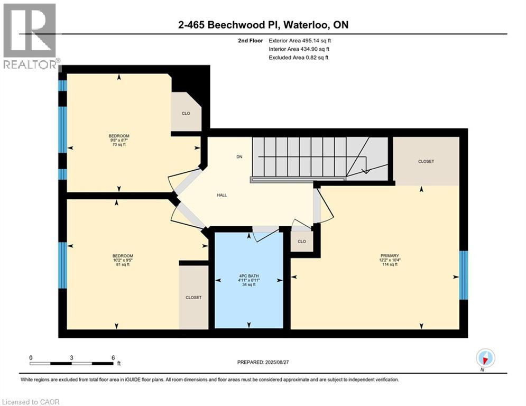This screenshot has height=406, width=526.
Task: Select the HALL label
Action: coord(222,195)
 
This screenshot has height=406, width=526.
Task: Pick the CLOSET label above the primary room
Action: coord(426,161)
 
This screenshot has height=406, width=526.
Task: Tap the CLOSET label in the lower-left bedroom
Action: coord(193,298)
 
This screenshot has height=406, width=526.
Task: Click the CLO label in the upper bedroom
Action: coord(186,113)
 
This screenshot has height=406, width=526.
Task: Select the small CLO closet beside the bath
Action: coord(302,242)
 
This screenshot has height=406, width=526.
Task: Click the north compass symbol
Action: coord(485,358)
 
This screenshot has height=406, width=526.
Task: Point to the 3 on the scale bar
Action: coord(71,357)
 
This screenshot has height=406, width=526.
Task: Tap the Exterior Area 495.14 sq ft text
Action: coord(300,40)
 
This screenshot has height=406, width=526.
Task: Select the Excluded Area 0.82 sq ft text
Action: coord(299,57)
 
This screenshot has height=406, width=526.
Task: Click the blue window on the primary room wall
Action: coord(463,275)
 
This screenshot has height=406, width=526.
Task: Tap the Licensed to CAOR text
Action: coord(31,402)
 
